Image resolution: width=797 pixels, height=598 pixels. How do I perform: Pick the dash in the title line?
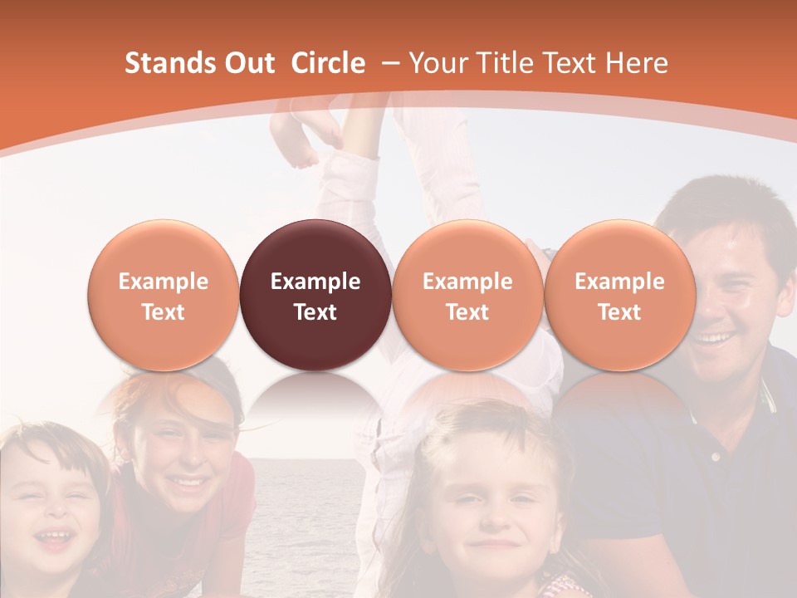click(389, 64)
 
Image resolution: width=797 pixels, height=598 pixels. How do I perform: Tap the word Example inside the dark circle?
click(315, 282)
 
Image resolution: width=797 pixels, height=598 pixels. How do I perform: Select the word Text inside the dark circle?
click(315, 312)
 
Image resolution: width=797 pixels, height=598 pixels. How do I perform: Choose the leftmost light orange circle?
click(164, 296)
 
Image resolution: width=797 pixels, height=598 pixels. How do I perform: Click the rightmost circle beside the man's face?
click(619, 296)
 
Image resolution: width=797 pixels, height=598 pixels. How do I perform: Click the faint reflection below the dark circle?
click(315, 395)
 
